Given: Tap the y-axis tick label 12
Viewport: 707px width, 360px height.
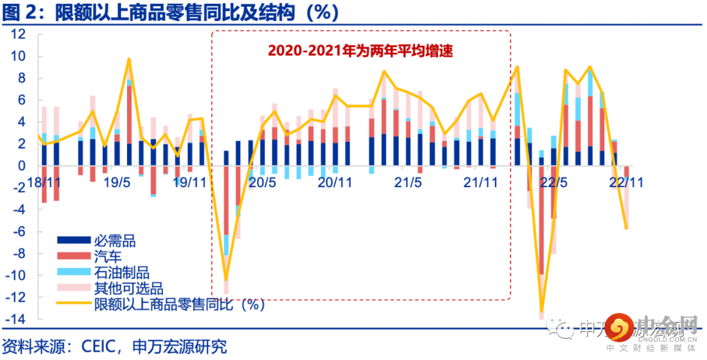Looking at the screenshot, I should click(19, 35).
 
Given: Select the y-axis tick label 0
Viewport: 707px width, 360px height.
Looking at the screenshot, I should click(23, 166).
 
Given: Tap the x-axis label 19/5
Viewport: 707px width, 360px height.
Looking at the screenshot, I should click(117, 183).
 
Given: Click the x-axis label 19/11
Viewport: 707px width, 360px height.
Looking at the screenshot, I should click(189, 183).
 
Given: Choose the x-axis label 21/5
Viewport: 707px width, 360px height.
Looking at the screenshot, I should click(407, 183).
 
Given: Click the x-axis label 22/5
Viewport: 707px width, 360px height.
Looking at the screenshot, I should click(553, 183).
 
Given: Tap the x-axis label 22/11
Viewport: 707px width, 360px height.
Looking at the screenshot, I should click(626, 183).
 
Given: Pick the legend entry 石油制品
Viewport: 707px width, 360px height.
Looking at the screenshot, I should click(122, 273).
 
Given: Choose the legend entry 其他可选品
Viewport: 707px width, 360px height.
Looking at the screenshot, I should click(128, 289).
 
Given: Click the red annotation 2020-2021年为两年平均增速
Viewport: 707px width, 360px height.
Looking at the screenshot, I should click(360, 50).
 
